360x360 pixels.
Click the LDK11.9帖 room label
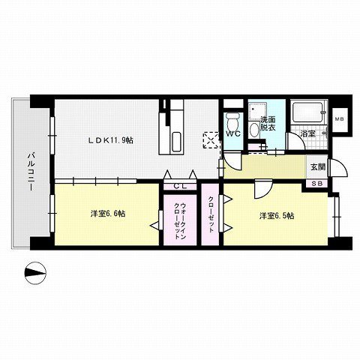point(110,140)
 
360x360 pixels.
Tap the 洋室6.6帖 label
point(108,214)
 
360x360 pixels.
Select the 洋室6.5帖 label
point(277,216)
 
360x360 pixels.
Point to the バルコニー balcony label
point(31,172)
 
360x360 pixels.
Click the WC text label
point(233,133)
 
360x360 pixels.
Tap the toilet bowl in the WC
point(233,121)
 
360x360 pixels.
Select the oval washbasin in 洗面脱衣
point(255,130)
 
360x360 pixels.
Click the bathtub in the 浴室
point(307,112)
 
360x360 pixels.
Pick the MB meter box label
point(340,119)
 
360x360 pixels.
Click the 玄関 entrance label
point(317,167)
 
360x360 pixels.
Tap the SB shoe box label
point(316,184)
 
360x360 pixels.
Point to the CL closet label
point(180,186)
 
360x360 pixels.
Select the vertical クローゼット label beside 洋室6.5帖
point(211,214)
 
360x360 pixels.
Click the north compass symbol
point(35,273)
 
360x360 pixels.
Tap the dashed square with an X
point(211,140)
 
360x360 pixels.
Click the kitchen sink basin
point(176,142)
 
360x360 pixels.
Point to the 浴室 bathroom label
point(307,133)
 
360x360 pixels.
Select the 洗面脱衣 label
point(268,124)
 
